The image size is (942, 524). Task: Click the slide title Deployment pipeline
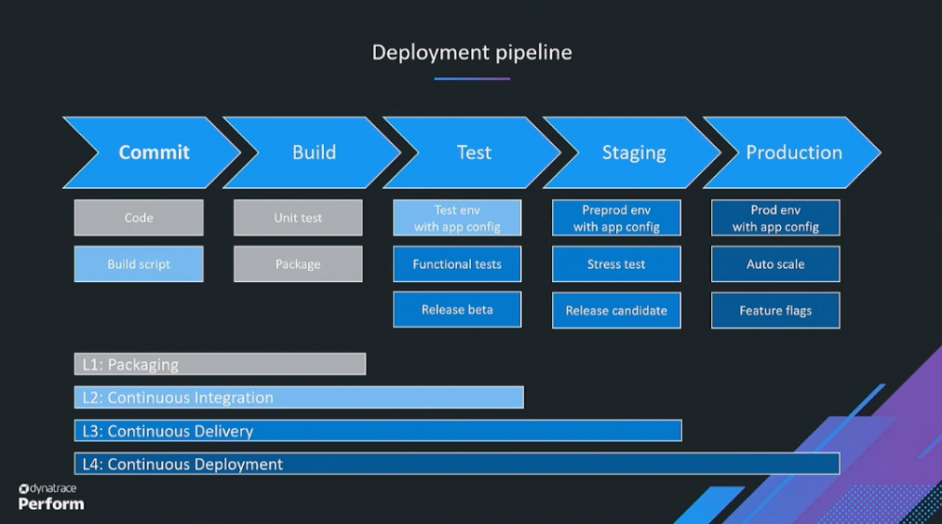[x=471, y=53]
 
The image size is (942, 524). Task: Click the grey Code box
[x=138, y=217]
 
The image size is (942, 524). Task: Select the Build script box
[x=138, y=264]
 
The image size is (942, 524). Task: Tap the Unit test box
[x=298, y=217]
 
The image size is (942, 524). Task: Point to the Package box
[x=298, y=264]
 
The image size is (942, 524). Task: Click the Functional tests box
[x=457, y=264]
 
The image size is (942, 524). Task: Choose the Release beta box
[x=457, y=310]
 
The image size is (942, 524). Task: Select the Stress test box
[x=616, y=264]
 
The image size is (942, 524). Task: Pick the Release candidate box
[x=616, y=310]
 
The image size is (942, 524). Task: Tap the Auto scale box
[x=775, y=264]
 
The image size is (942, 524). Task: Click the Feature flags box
[x=775, y=310]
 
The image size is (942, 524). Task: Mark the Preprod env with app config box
[x=616, y=218]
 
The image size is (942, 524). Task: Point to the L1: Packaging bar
[x=219, y=364]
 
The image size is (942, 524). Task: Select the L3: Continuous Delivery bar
[x=377, y=431]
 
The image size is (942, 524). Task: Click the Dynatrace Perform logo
[x=51, y=497]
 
